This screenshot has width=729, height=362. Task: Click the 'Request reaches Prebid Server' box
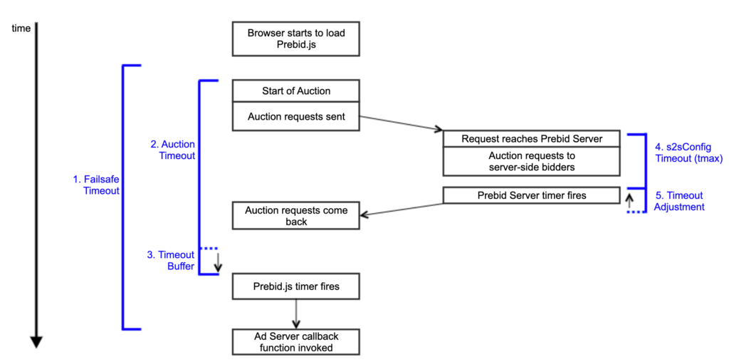pyautogui.click(x=532, y=138)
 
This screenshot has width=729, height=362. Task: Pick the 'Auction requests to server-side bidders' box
pyautogui.click(x=532, y=161)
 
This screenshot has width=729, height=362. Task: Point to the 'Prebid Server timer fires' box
pyautogui.click(x=532, y=195)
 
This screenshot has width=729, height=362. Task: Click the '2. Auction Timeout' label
pyautogui.click(x=172, y=150)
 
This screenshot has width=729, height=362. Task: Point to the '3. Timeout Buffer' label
pyautogui.click(x=171, y=260)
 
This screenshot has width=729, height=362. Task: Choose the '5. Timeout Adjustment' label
pyautogui.click(x=678, y=201)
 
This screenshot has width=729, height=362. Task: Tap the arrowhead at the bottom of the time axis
pyautogui.click(x=37, y=342)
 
